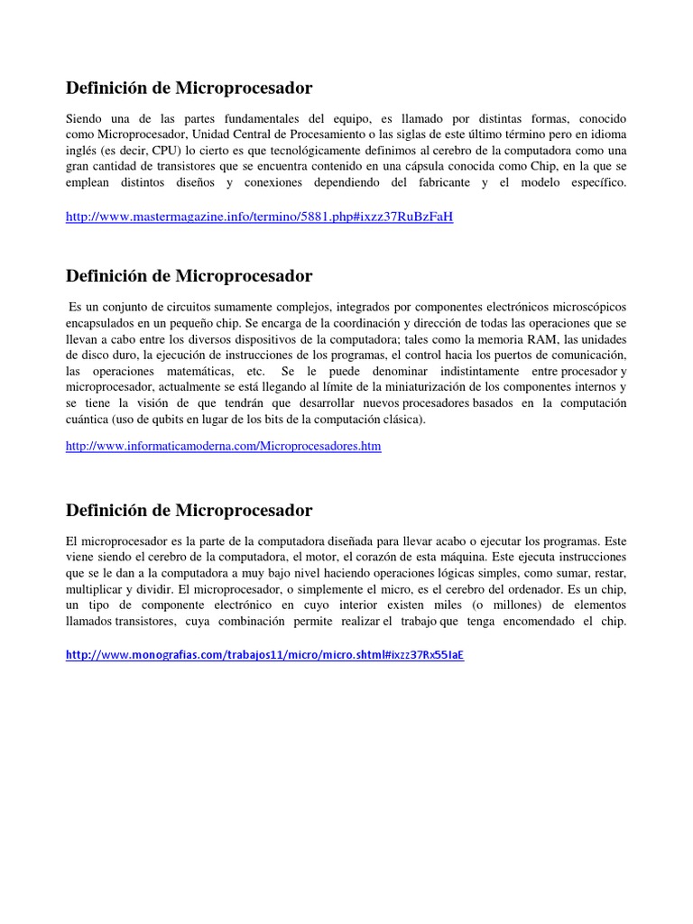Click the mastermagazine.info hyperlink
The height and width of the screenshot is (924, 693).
coord(259,218)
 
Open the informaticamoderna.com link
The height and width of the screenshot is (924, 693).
coord(223,446)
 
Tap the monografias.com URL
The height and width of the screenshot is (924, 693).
coord(264,655)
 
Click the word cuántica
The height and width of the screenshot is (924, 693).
coord(90,420)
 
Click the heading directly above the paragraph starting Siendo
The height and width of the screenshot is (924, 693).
coord(189,88)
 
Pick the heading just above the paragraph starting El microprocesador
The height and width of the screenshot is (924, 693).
coord(189,510)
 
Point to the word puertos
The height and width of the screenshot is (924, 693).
coord(513,356)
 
